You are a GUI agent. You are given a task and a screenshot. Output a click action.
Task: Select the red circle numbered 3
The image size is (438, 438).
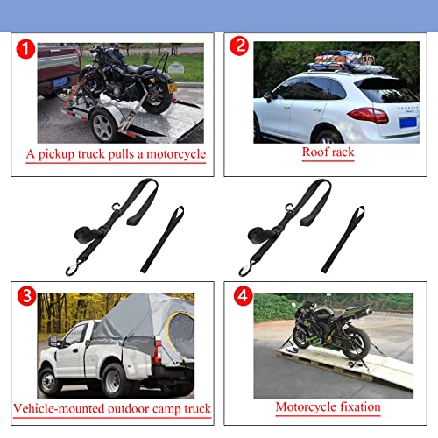tap(26, 298)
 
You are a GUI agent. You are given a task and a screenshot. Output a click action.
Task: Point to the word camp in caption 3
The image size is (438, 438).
tap(157, 408)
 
